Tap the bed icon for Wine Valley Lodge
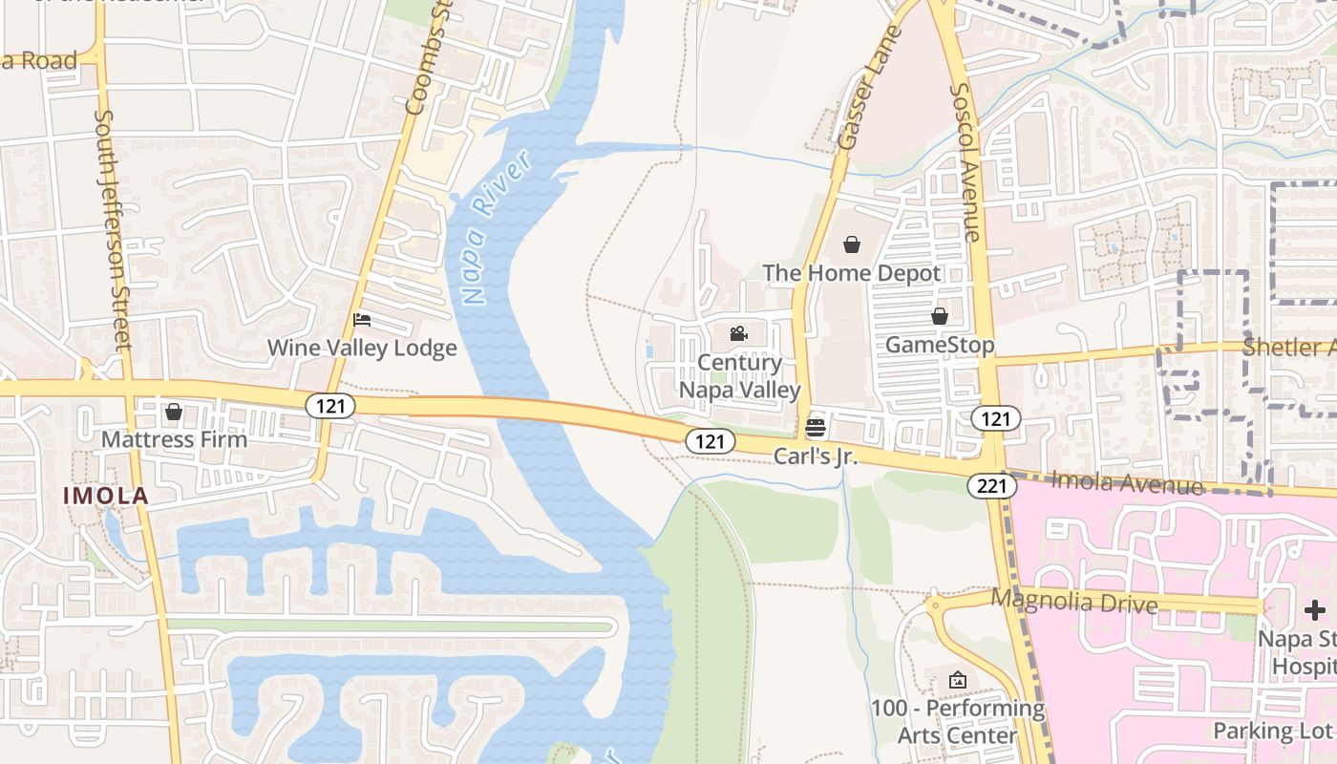pos(362,319)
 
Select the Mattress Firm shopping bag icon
pos(173,412)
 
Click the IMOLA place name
pos(106,496)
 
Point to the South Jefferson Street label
pos(112,229)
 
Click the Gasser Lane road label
pos(868,89)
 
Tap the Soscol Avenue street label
pos(965,162)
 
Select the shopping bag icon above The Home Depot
pos(852,244)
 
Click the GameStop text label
pos(940,345)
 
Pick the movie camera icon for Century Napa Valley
pos(738,333)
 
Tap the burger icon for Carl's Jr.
pos(815,427)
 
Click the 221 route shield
pos(991,486)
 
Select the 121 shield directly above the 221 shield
pos(996,418)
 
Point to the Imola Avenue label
pos(1127,482)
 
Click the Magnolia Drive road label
pos(1073,602)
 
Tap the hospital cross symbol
pos(1315,609)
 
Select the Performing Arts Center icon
pos(957,680)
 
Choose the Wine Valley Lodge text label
pos(362,348)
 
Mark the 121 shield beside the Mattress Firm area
pos(330,406)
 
